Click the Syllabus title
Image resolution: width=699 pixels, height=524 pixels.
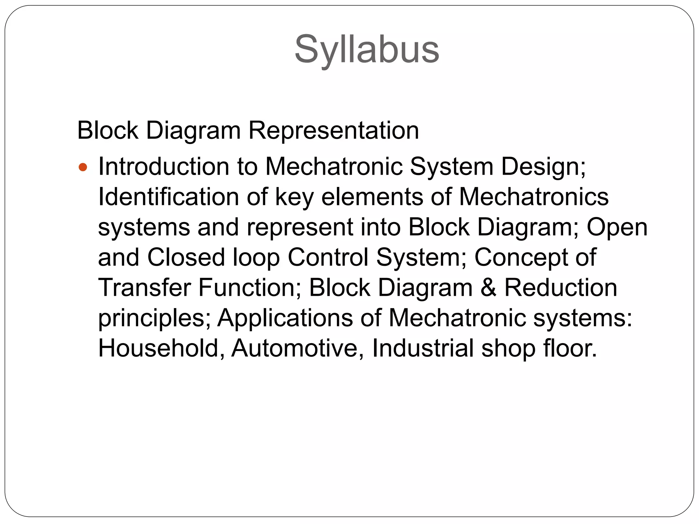[367, 49]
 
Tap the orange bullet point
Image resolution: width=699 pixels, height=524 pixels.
[83, 168]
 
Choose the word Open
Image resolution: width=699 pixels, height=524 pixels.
[617, 227]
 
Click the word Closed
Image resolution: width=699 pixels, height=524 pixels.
[186, 257]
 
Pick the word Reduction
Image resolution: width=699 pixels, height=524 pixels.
[560, 288]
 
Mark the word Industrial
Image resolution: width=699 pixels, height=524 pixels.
[423, 348]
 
